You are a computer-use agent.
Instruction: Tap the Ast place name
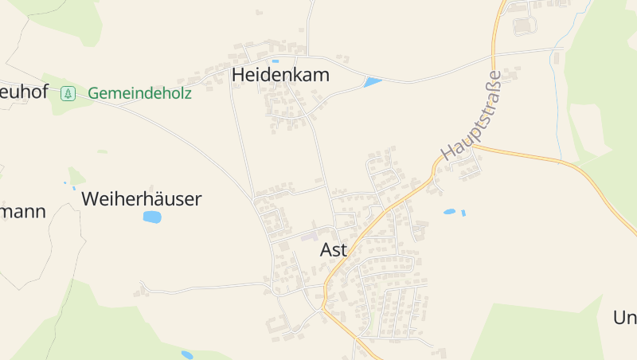(334, 249)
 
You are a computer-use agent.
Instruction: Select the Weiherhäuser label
(142, 199)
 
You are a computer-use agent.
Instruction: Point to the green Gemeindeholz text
(139, 93)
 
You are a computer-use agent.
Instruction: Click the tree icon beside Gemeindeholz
(68, 93)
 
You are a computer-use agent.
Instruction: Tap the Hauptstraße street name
(471, 115)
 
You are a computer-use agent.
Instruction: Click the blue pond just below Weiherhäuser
(152, 217)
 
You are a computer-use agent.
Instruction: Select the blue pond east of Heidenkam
(372, 81)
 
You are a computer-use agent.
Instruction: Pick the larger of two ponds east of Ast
(450, 212)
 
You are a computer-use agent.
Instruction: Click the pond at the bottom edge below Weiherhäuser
(187, 354)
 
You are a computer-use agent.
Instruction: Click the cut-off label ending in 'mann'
(22, 212)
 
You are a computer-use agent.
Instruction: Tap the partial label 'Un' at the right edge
(624, 318)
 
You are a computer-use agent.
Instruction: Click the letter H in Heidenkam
(238, 74)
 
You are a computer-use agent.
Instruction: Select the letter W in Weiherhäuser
(91, 199)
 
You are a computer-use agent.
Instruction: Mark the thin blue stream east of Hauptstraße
(555, 80)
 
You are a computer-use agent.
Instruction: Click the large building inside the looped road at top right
(524, 25)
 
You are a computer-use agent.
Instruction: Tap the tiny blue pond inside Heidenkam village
(276, 61)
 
